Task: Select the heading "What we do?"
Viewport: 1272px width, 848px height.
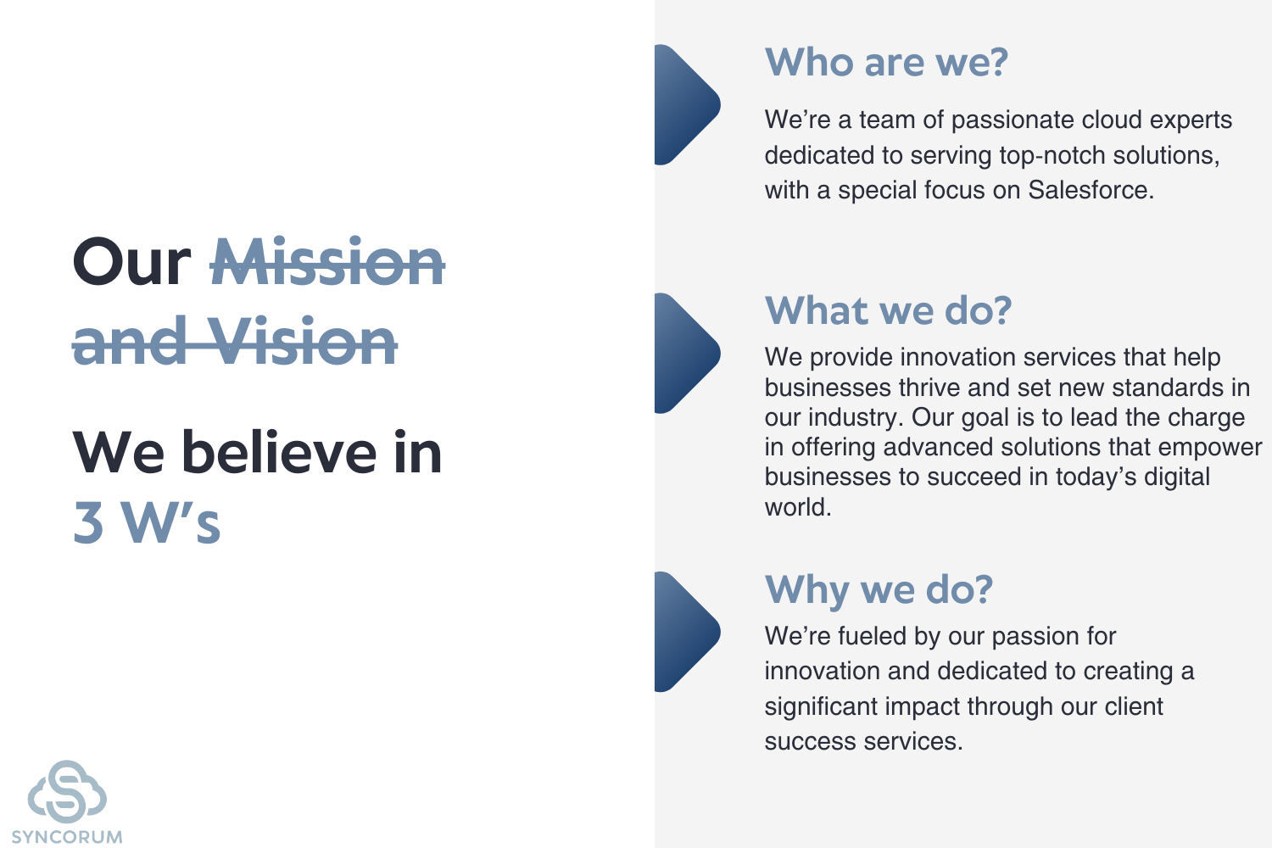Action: (888, 310)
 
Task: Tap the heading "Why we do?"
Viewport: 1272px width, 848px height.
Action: (879, 589)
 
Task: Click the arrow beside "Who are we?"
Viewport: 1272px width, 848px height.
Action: (687, 104)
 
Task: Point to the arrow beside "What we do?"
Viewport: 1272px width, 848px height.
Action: (687, 354)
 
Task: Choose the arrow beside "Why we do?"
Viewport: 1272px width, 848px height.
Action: (687, 632)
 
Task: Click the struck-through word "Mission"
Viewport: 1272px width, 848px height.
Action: (327, 262)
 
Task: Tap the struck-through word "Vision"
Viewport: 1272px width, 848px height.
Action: (302, 341)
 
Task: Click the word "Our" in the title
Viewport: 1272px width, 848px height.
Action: (131, 262)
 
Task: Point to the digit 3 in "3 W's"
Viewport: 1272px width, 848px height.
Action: (88, 522)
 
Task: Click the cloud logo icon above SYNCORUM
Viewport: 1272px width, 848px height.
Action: (67, 791)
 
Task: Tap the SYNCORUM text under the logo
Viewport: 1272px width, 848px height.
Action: (67, 837)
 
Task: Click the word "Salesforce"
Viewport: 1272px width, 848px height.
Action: (1091, 190)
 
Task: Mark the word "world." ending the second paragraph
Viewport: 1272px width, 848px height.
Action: (798, 507)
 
